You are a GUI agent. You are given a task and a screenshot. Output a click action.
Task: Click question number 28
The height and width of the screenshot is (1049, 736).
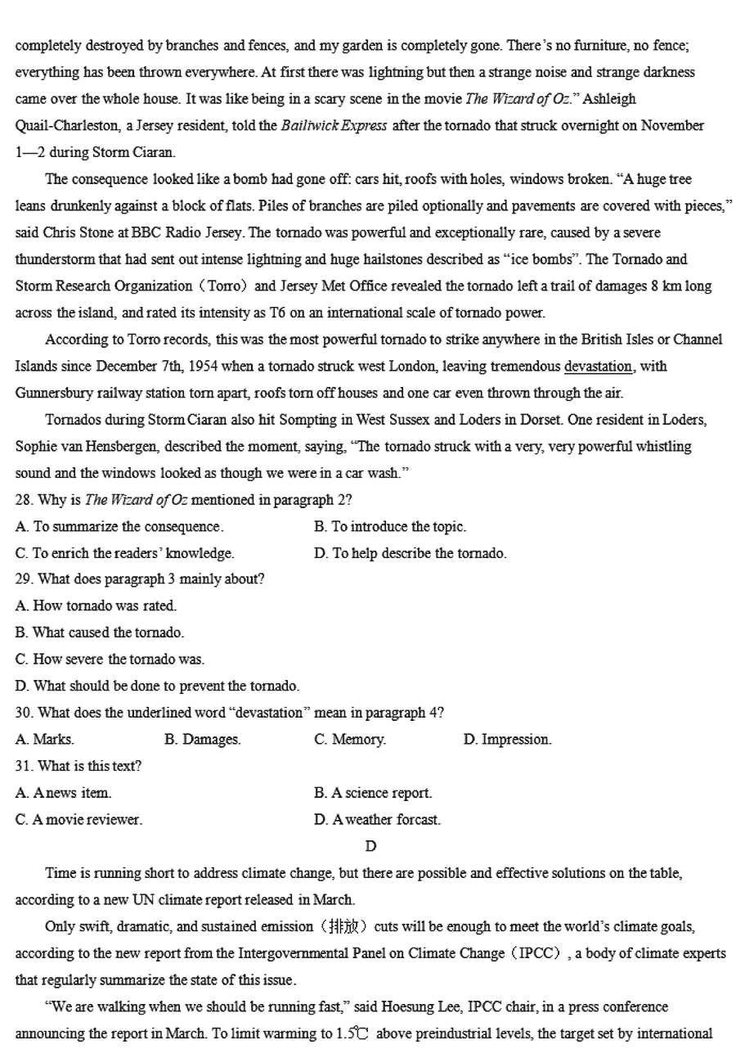point(23,501)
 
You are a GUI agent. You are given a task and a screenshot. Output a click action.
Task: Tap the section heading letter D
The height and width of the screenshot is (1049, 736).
point(370,846)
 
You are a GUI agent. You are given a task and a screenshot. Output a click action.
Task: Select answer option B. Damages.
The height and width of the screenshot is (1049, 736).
point(202,740)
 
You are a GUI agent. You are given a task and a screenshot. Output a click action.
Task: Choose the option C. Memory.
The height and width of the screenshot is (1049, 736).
point(350,740)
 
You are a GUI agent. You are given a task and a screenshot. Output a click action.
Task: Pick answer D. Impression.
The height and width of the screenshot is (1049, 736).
point(507,740)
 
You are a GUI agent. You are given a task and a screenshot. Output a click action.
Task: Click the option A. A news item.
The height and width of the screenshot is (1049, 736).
point(64,793)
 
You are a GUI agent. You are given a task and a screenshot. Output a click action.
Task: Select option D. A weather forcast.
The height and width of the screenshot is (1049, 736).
point(377,820)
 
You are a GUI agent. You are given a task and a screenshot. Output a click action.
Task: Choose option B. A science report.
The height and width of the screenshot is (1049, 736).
point(373,793)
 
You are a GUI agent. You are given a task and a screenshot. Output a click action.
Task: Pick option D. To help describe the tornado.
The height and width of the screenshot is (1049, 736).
point(411,554)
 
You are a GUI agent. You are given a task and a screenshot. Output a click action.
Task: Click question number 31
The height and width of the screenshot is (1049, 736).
point(23,767)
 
